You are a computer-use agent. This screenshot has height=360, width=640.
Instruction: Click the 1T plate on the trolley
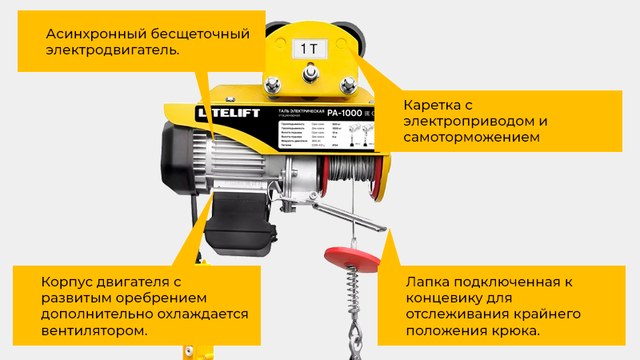coord(310,48)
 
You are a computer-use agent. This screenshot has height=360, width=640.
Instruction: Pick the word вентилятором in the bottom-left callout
coord(94,330)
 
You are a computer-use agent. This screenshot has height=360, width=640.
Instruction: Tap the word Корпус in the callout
coord(66,282)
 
